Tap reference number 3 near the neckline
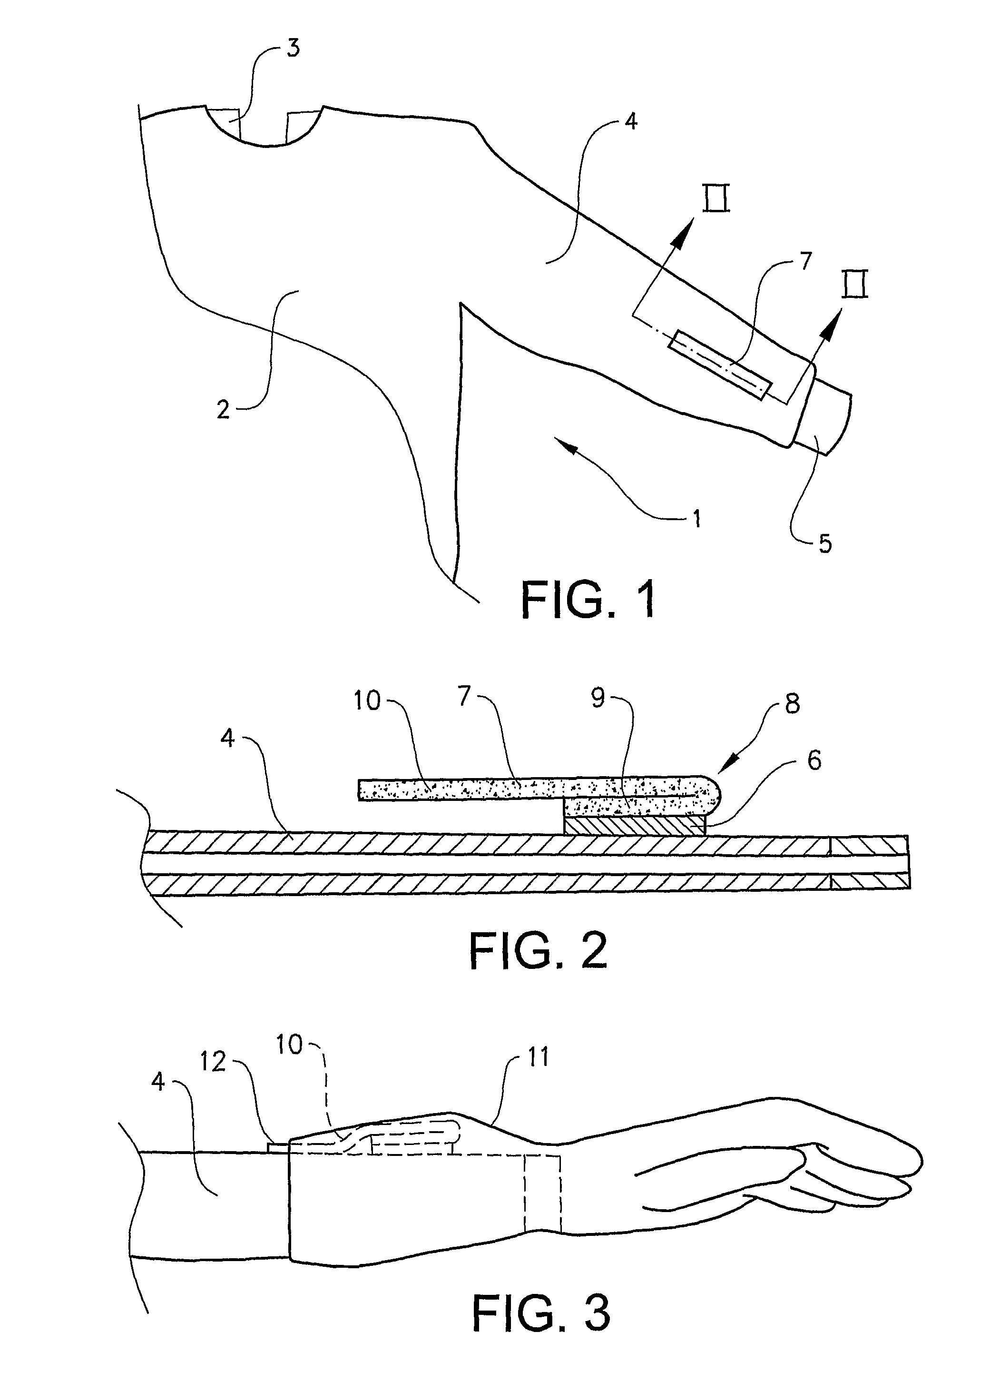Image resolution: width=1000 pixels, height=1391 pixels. click(x=294, y=48)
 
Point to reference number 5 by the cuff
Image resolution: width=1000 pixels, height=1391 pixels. click(x=826, y=543)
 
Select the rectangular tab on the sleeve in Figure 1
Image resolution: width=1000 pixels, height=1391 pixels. click(x=720, y=365)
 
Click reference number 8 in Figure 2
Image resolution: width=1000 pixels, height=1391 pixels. click(x=792, y=704)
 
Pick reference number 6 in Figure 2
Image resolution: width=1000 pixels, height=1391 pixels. click(x=814, y=760)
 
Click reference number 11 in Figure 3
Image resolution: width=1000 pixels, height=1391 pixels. click(x=538, y=1057)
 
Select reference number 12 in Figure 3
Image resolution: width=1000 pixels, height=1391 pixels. click(x=213, y=1062)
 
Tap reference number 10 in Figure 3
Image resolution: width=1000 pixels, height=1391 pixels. click(x=289, y=1045)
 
